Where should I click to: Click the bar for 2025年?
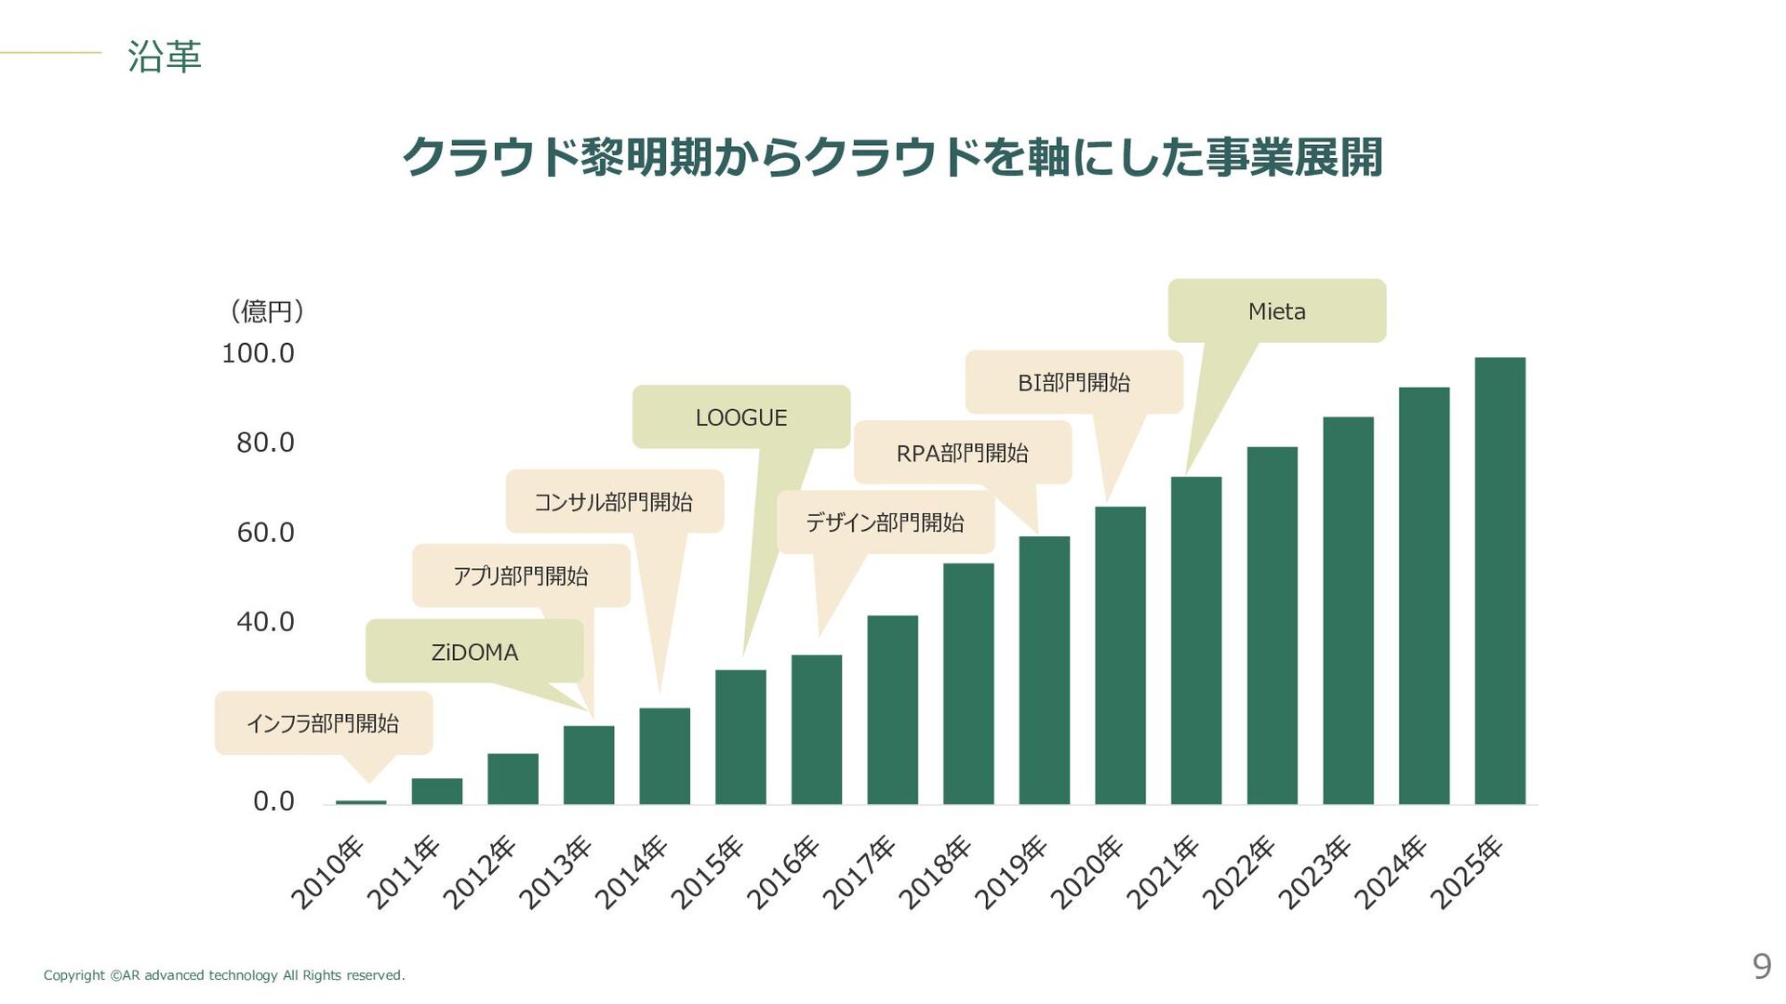tap(1499, 580)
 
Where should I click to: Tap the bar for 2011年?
tap(436, 791)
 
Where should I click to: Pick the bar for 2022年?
tap(1272, 625)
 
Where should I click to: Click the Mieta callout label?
tap(1276, 311)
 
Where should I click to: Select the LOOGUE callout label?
tap(740, 417)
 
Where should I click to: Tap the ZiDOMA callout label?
tap(474, 652)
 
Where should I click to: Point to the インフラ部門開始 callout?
tap(323, 723)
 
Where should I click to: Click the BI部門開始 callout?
tap(1073, 382)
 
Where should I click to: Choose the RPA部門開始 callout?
tap(962, 453)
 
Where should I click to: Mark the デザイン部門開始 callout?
tap(885, 522)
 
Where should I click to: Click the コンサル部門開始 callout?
tap(614, 502)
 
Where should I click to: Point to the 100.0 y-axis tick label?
tap(258, 353)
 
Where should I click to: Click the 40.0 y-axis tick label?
tap(265, 621)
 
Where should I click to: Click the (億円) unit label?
tap(267, 310)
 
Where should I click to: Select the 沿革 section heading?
tap(165, 56)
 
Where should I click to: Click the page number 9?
tap(1761, 967)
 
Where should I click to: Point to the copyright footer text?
tap(224, 975)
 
